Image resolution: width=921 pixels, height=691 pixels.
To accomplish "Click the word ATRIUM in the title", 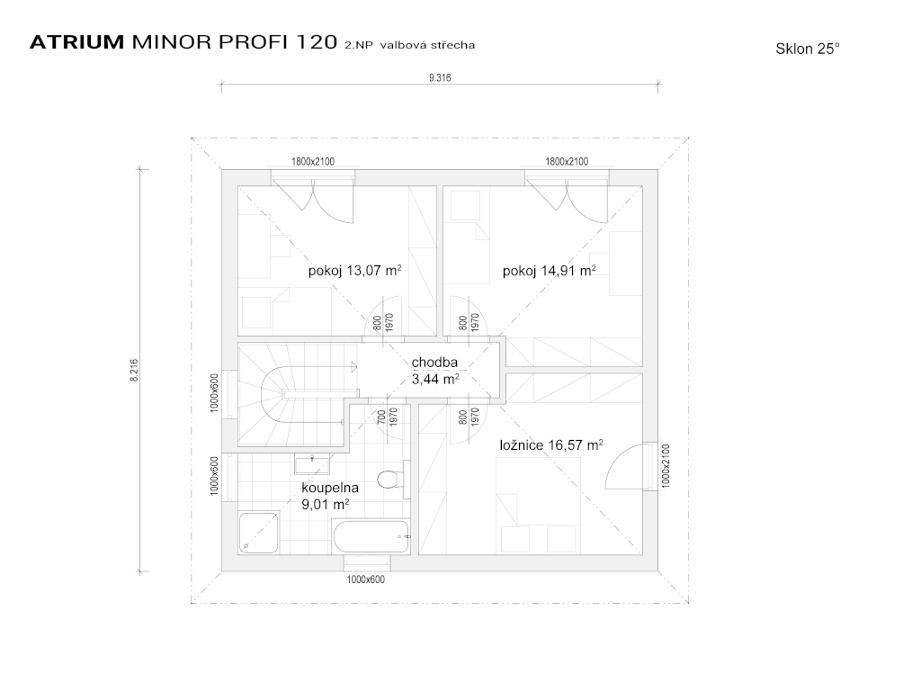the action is pos(77,42).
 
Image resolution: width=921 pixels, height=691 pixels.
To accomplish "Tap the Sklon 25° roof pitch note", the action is pos(808,49).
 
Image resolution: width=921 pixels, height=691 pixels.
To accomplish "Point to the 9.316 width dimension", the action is pos(440,77).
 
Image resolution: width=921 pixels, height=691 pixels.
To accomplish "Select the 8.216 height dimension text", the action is pos(135,370).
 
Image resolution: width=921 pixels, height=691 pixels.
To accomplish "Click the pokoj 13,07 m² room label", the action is pos(354,270).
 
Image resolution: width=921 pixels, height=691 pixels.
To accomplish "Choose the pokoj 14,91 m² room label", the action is pos(550,270).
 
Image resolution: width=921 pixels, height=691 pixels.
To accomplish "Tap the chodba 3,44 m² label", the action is pos(434,371).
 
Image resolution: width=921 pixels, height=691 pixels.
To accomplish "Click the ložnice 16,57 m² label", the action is pos(551,444).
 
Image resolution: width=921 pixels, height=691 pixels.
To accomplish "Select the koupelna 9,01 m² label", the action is pos(329,496).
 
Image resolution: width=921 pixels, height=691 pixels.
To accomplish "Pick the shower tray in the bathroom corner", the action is pos(259,533).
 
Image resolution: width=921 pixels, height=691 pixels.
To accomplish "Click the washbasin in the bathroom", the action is pos(312,463).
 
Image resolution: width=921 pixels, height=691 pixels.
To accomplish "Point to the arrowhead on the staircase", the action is pos(353,367).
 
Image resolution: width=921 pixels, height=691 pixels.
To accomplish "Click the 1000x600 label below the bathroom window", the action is pos(365,579).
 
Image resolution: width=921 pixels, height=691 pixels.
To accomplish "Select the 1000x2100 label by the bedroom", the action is pos(666,465).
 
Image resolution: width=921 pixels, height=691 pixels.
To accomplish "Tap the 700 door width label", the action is pos(381,417).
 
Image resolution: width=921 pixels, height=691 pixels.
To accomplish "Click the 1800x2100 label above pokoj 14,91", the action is pos(567,161).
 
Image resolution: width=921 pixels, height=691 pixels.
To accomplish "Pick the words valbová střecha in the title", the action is pos(427,45).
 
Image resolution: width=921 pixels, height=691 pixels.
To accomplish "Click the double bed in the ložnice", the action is pos(538,506).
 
